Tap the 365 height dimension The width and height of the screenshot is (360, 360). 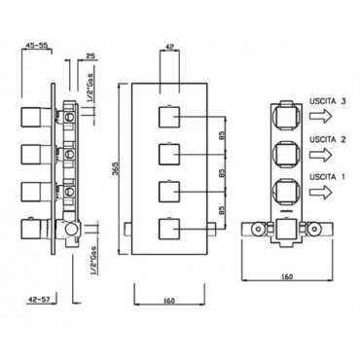click(119, 168)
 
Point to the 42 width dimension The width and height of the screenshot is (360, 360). click(169, 47)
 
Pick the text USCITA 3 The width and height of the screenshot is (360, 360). click(327, 101)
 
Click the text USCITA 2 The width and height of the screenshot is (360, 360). click(327, 139)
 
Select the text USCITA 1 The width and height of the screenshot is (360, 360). click(327, 177)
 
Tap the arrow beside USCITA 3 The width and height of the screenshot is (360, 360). click(321, 116)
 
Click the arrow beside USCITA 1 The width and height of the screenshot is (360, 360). click(321, 193)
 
